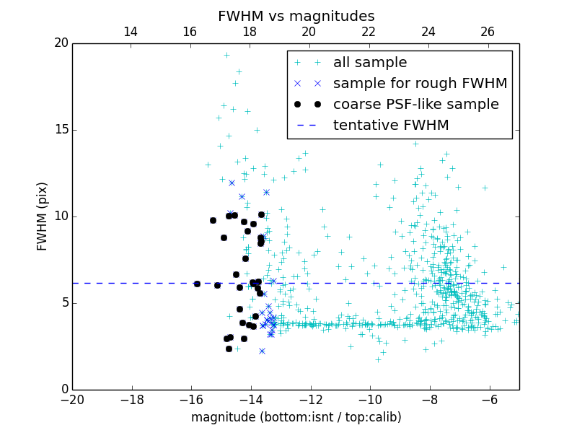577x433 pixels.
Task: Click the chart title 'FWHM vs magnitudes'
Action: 296,16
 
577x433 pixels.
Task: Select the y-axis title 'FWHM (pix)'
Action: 43,216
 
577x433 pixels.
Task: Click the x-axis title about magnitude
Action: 296,417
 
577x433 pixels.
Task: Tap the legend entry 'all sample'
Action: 370,63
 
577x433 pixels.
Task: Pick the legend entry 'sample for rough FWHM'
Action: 420,84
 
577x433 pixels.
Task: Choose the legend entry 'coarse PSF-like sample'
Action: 415,105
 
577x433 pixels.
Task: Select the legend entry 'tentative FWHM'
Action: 391,126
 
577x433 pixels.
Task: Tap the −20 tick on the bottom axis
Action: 72,399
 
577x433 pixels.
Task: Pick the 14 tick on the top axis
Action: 131,32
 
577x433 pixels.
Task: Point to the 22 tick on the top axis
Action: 369,32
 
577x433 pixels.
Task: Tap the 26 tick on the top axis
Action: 488,32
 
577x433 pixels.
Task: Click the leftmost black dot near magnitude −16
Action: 197,284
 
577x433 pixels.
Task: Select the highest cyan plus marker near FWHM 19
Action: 226,55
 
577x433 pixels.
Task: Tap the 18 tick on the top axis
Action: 250,32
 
